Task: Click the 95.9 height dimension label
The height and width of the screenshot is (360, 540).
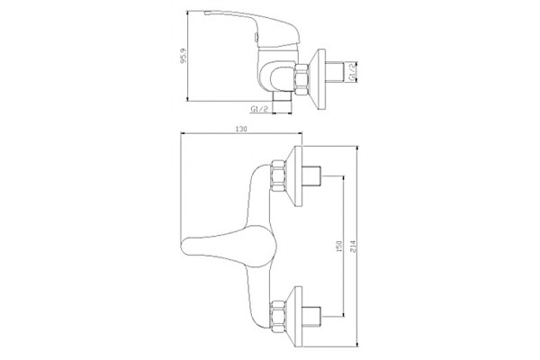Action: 184,56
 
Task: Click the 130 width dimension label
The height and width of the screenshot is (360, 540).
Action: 241,130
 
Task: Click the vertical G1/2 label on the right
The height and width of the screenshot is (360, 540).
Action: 352,72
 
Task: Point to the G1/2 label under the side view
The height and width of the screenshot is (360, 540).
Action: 259,109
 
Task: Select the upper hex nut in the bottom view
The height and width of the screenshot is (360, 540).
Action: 279,175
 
